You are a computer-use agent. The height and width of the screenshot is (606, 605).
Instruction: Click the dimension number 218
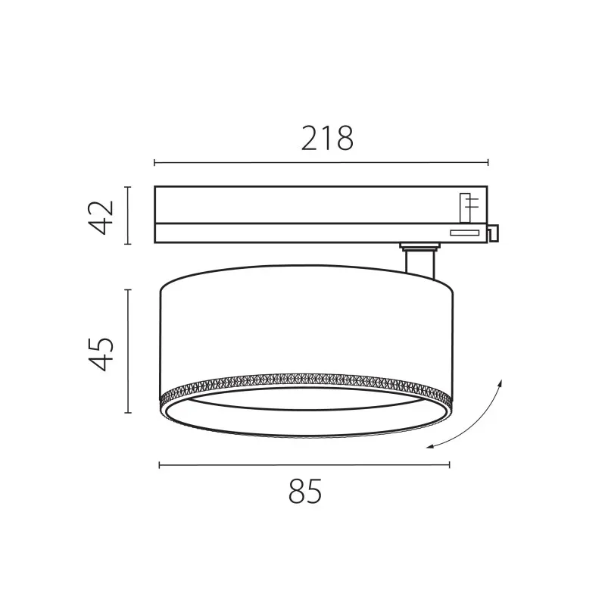pos(327,138)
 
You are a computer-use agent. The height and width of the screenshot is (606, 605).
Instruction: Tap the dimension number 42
pos(101,217)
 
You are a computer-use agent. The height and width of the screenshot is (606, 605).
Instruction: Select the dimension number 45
pos(101,355)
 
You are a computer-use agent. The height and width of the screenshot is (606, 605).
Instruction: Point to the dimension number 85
pos(305,491)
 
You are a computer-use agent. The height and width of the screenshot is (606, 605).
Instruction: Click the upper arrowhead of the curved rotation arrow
pos(500,383)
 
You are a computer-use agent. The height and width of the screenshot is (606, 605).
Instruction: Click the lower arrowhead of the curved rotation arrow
pos(430,447)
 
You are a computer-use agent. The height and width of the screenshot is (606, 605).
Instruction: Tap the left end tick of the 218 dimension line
pos(154,162)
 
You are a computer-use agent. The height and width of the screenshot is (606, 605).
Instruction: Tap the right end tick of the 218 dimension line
pos(488,162)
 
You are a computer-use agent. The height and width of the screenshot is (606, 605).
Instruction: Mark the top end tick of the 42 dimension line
pos(128,186)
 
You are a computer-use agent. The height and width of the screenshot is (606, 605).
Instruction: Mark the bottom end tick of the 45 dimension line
pos(128,412)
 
